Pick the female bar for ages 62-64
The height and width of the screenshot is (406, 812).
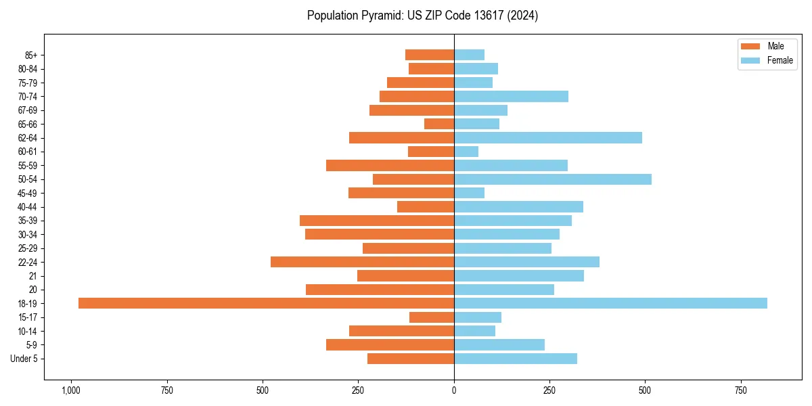548,138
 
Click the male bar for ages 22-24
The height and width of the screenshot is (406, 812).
362,262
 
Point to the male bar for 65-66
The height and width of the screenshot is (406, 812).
439,124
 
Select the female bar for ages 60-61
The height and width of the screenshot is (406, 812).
466,152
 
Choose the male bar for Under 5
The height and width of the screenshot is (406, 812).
411,359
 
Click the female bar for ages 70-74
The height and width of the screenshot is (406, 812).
511,96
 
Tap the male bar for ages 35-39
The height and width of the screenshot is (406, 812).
377,221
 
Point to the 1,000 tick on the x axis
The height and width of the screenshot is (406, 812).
70,390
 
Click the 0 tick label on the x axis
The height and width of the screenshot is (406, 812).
454,390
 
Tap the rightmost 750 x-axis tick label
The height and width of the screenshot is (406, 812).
741,390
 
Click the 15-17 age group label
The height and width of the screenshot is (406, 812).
28,317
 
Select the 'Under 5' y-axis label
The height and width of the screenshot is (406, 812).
24,359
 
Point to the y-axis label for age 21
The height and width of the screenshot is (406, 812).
33,276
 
